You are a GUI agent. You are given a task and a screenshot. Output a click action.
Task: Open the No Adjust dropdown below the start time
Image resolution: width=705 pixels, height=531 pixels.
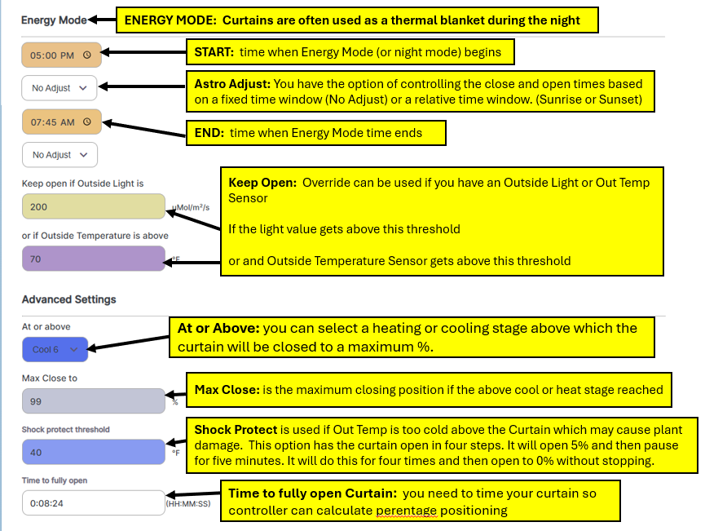coord(59,88)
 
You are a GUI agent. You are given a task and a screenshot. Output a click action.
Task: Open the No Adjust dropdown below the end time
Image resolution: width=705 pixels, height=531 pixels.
coord(59,155)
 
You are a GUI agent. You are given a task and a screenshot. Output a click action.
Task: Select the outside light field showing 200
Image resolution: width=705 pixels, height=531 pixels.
coord(93,207)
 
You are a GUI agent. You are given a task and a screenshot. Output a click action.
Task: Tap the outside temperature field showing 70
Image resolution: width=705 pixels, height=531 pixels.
coord(93,259)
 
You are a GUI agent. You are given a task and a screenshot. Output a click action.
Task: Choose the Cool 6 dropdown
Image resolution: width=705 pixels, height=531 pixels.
coord(55,350)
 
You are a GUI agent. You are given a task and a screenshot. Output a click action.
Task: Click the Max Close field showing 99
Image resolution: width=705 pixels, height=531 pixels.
coord(93,401)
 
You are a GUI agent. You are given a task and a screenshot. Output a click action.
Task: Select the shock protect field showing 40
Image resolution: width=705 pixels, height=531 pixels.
coord(93,452)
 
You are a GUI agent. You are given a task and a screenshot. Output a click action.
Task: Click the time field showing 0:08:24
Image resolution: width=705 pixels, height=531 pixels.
coord(93,503)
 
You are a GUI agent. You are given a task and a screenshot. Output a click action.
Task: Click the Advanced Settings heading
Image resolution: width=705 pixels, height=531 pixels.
coord(69,299)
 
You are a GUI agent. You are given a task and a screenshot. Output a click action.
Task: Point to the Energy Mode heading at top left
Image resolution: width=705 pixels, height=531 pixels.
coord(54,20)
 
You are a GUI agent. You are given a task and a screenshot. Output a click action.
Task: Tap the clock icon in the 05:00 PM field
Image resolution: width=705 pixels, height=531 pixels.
coord(87,55)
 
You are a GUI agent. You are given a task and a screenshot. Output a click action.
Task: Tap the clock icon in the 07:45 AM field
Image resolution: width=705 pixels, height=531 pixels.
coord(87,122)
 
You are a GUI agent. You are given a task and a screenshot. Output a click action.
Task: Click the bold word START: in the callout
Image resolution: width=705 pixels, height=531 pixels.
coord(214,52)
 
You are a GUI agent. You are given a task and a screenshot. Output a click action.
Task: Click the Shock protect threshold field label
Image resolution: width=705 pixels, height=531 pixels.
coord(66,430)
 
